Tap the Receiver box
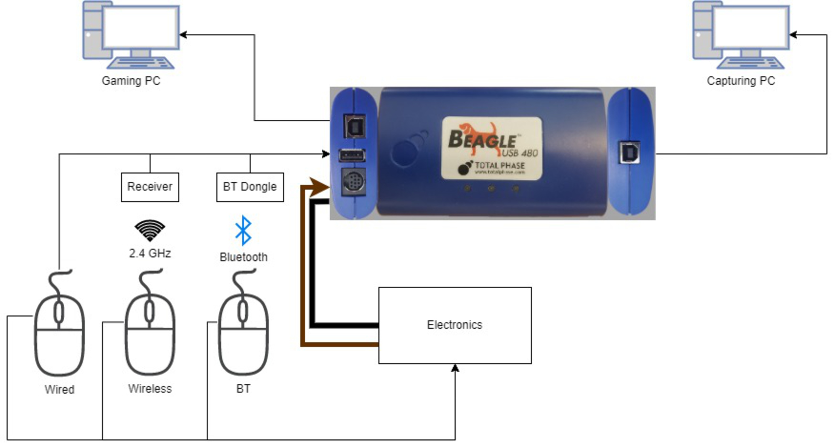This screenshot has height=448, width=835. [x=150, y=187]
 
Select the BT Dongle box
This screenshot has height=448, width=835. [x=250, y=187]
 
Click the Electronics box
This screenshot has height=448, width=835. [x=455, y=325]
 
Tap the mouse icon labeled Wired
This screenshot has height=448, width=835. [x=59, y=334]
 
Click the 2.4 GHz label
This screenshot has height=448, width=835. [x=150, y=253]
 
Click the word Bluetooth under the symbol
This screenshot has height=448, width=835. [x=244, y=257]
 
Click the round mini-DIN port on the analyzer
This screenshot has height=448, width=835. [x=354, y=182]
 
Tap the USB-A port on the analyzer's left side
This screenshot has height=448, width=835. [x=352, y=155]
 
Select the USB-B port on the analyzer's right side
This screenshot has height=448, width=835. [x=629, y=152]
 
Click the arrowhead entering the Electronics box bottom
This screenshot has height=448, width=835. [x=455, y=368]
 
